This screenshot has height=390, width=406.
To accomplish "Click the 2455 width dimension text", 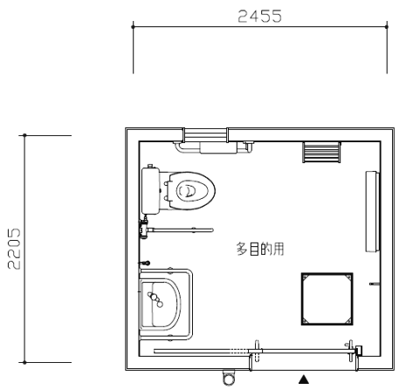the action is (x=259, y=17).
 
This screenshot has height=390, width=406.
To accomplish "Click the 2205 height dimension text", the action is (x=14, y=249).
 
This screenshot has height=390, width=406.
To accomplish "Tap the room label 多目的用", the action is (x=260, y=249).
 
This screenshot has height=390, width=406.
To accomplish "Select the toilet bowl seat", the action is (x=192, y=190).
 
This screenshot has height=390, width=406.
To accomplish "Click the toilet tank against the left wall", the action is (x=150, y=190).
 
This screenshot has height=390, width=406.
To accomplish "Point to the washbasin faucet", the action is (x=155, y=299).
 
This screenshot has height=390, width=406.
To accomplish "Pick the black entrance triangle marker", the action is (x=304, y=379).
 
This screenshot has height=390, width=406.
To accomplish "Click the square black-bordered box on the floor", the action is (x=327, y=298).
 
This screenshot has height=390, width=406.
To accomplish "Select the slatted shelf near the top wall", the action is (x=321, y=152).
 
